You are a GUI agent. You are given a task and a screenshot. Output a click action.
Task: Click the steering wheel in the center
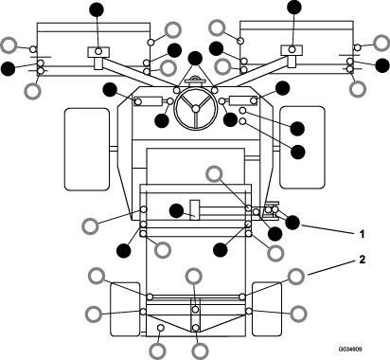195,111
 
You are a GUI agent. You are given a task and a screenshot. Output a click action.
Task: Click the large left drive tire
86,146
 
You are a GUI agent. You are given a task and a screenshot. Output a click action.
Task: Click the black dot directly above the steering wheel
195,60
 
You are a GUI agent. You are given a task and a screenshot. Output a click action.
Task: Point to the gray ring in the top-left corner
9,44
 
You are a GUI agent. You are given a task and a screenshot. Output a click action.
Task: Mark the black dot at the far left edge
9,67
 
